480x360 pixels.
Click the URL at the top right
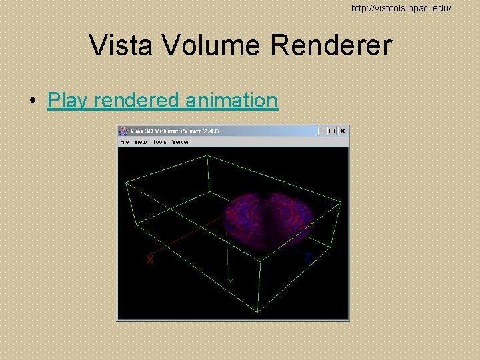tap(402, 8)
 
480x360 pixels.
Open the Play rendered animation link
tap(162, 100)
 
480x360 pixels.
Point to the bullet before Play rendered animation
tap(32, 101)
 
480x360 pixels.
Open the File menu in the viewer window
tap(124, 142)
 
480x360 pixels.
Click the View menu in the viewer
tap(141, 142)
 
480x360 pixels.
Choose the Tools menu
tap(160, 142)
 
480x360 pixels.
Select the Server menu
tap(180, 142)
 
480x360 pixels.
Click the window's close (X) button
tap(343, 131)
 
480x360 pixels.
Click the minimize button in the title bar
tap(323, 131)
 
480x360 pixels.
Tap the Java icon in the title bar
tap(123, 131)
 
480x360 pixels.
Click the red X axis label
tap(151, 259)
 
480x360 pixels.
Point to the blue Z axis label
tap(308, 257)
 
